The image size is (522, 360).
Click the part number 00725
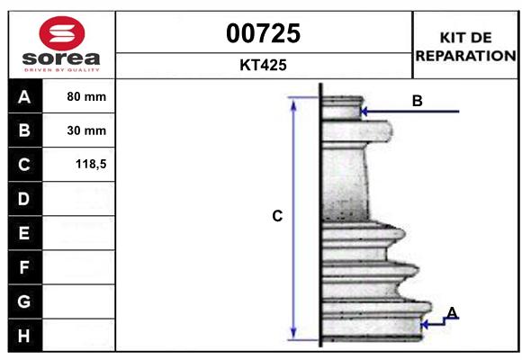[264, 33]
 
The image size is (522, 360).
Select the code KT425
[264, 66]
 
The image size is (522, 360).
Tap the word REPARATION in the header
[465, 55]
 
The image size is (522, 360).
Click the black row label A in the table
[23, 96]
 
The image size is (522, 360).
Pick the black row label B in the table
[23, 130]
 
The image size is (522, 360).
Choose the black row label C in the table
[23, 165]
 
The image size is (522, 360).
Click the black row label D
[23, 199]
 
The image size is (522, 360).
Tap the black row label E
[23, 233]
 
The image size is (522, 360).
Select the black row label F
[23, 267]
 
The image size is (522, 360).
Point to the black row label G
[23, 301]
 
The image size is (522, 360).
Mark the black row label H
[23, 336]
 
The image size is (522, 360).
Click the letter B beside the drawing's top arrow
[417, 101]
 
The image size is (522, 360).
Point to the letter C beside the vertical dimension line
[277, 216]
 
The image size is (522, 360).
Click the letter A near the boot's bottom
[452, 312]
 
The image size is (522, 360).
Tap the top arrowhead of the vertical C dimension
[292, 103]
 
